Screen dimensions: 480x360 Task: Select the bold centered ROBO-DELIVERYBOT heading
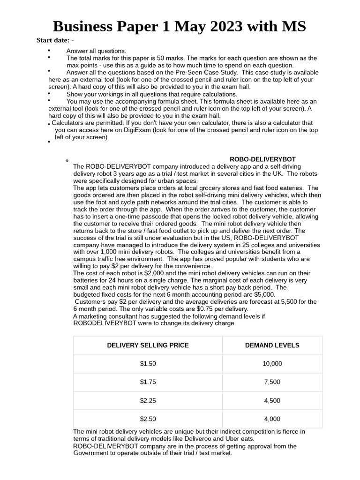[x=262, y=159]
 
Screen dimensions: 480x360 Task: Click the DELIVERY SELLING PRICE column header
[x=148, y=345]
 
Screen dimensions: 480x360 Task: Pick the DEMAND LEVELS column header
[x=272, y=345]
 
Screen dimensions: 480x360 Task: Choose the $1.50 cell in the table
[x=148, y=364]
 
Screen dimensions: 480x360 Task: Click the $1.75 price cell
[x=148, y=382]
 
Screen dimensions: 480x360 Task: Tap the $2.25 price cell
[x=148, y=401]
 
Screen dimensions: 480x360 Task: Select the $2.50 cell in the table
[x=148, y=419]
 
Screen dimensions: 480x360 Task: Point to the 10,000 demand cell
[x=272, y=364]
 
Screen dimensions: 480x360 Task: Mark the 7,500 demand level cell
[x=272, y=382]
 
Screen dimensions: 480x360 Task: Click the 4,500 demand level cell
[x=272, y=401]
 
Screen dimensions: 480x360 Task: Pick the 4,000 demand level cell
[x=272, y=419]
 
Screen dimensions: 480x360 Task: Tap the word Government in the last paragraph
[x=91, y=453]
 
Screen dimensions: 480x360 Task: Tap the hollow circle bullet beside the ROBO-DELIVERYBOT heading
[x=67, y=160]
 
